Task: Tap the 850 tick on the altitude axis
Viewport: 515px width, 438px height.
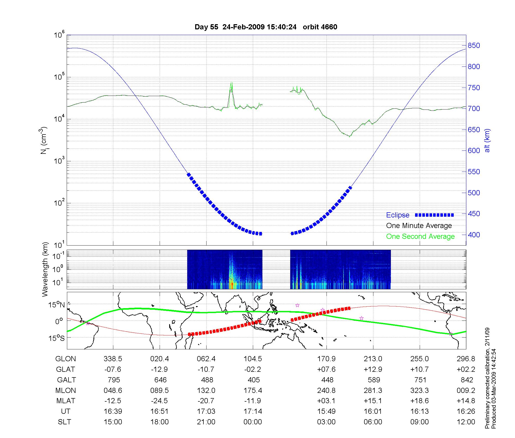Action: coord(474,46)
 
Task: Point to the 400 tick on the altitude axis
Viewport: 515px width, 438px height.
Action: coord(474,235)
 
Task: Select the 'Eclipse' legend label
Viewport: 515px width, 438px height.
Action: coord(398,215)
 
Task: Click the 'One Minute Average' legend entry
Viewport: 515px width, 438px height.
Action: coord(419,226)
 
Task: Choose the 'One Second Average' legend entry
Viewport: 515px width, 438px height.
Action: coord(420,237)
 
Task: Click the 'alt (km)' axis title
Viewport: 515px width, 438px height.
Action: coord(487,140)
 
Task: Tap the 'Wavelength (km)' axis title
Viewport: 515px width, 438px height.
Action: coord(45,269)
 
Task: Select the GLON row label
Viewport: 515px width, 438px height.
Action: coord(66,359)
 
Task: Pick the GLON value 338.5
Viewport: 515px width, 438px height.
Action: coord(113,359)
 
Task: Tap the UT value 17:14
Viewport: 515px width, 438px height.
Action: coord(253,411)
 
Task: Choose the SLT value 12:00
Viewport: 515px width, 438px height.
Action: coord(466,422)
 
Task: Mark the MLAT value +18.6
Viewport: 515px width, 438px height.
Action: coord(420,401)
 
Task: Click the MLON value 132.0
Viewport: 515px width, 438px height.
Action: coord(206,391)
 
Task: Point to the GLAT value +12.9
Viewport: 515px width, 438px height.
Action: coord(373,369)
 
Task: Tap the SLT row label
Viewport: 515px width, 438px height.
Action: coord(65,422)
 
